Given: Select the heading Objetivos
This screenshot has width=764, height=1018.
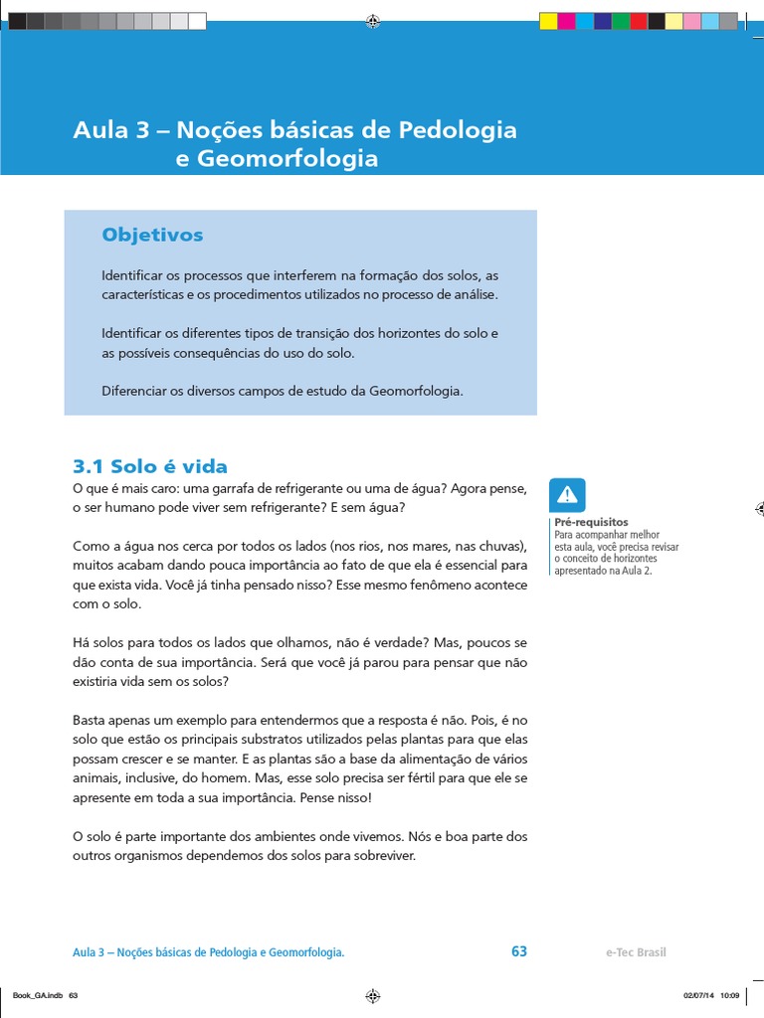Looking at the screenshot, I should (152, 235).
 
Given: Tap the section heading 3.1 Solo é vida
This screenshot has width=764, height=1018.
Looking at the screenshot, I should (150, 466).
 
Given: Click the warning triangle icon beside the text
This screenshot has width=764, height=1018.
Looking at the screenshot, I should (567, 495).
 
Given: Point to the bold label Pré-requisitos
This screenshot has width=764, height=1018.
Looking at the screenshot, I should (591, 522).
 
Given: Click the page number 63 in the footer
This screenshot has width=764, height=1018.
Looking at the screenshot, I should (519, 951).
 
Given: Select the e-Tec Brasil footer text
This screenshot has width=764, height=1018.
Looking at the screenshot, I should (636, 952).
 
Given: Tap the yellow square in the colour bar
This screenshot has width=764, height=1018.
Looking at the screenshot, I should (548, 21).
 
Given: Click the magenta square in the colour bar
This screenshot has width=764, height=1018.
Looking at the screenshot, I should (566, 21).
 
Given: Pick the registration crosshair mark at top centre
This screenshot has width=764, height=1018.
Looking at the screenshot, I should (372, 20).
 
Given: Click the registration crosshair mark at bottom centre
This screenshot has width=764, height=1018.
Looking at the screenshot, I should (372, 995).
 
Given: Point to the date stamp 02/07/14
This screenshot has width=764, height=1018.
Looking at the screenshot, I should (697, 996).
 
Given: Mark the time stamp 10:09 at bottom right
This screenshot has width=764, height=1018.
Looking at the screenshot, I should (730, 996).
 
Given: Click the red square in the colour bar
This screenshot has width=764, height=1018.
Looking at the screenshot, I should (639, 21).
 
